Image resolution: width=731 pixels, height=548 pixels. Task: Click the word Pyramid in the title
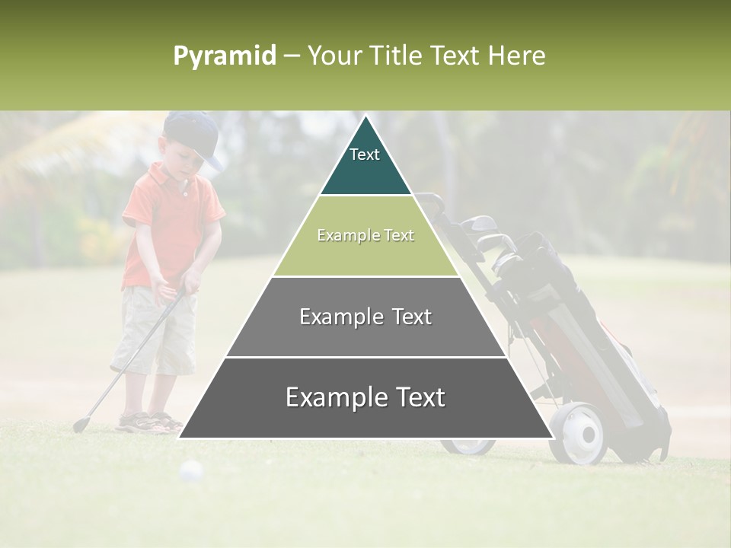point(224,56)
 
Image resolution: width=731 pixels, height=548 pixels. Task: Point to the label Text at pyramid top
point(365,155)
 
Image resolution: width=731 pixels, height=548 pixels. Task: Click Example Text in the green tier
point(365,236)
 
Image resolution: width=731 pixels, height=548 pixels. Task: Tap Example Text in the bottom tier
point(365,397)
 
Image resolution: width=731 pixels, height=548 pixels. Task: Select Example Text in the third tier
point(365,317)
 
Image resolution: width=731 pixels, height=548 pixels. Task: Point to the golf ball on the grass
point(191,472)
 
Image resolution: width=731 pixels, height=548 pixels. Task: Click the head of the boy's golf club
point(80,424)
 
